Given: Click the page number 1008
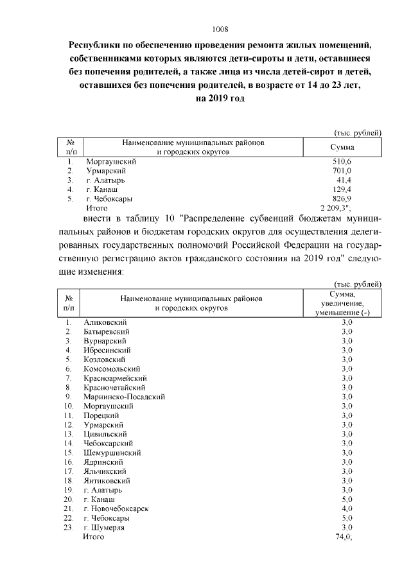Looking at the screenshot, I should (220, 30).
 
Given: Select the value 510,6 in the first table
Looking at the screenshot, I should (342, 162).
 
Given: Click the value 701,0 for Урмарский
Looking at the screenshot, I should (342, 171).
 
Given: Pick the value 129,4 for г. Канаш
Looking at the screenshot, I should (342, 190).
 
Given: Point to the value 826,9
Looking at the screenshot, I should (342, 199).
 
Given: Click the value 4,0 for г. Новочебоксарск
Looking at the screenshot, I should (347, 508).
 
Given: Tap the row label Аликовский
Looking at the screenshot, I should (105, 322).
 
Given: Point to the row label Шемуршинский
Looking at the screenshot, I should (112, 453).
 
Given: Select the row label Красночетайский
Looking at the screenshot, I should (114, 388).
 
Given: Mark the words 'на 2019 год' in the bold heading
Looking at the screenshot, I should (220, 99).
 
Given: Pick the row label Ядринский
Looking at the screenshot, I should (105, 462).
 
